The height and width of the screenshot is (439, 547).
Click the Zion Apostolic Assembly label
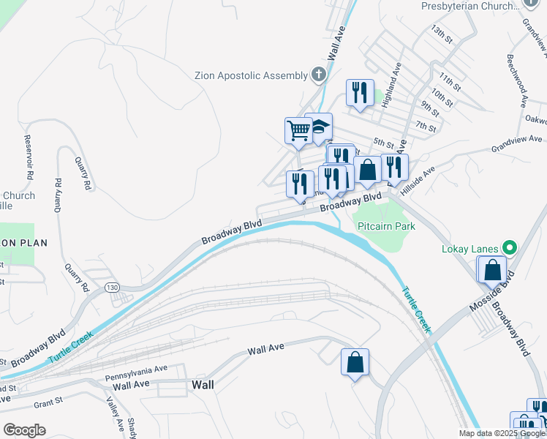point(251,75)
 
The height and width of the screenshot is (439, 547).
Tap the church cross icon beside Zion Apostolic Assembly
point(318,74)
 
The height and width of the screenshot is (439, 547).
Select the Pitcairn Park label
point(386,226)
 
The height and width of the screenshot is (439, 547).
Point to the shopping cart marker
point(298,131)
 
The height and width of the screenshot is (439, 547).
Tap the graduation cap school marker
point(320,128)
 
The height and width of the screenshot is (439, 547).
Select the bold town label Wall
point(203,384)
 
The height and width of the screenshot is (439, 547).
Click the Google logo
point(25,429)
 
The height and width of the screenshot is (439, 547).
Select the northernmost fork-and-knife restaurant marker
point(359,93)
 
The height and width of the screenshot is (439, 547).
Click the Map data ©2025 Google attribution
point(502,433)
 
